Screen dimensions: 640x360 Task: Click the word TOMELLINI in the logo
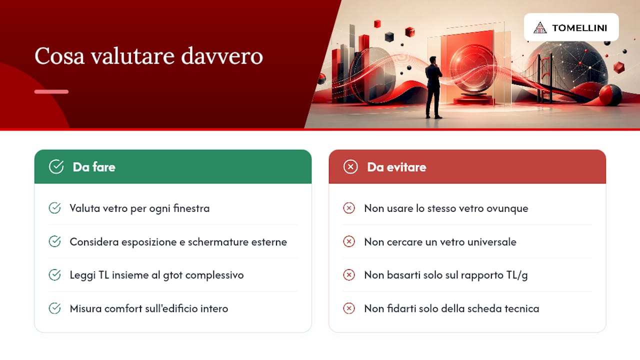[579, 28]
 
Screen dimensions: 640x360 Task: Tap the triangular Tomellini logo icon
[540, 27]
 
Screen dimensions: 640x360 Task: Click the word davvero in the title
[222, 56]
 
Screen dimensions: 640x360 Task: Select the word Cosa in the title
[59, 56]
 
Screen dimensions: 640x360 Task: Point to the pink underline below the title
[51, 91]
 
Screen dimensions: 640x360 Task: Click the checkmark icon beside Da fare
[56, 166]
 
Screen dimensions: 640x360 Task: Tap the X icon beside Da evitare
[350, 166]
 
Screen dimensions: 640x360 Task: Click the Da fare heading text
[94, 167]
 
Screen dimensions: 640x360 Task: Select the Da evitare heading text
[396, 167]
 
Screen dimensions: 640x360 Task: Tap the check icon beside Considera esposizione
[54, 241]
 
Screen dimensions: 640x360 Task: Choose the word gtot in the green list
[172, 275]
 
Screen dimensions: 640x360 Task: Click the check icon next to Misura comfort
[54, 308]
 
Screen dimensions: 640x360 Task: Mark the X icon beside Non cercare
[349, 241]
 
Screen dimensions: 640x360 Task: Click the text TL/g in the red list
[517, 275]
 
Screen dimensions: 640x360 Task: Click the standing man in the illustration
[433, 87]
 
